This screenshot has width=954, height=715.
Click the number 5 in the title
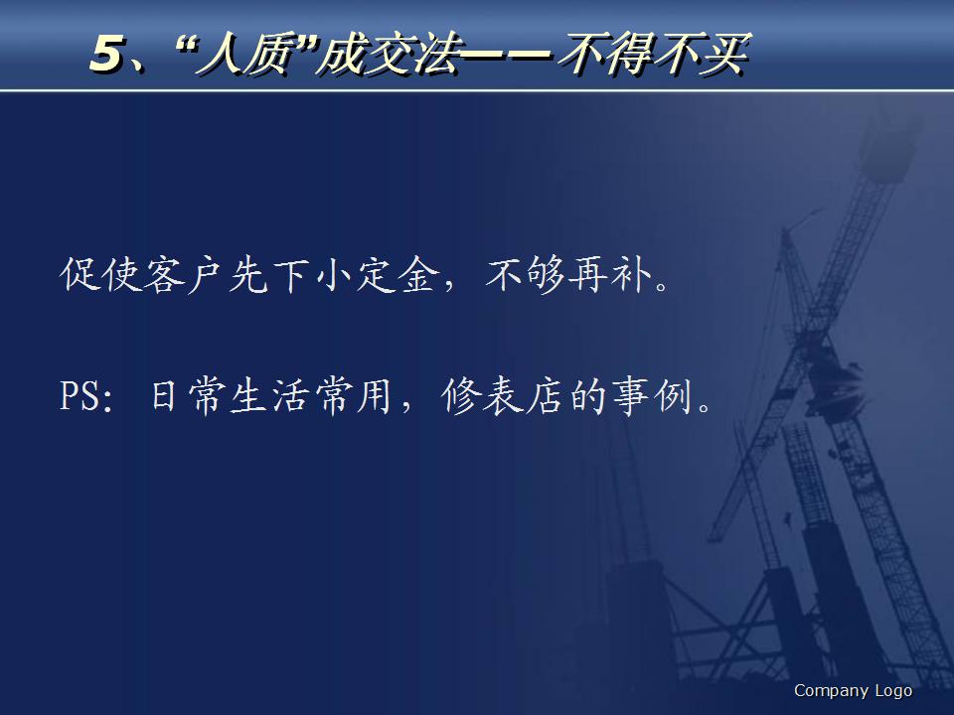tap(106, 55)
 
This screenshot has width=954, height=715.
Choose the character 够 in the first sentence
tap(549, 276)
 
